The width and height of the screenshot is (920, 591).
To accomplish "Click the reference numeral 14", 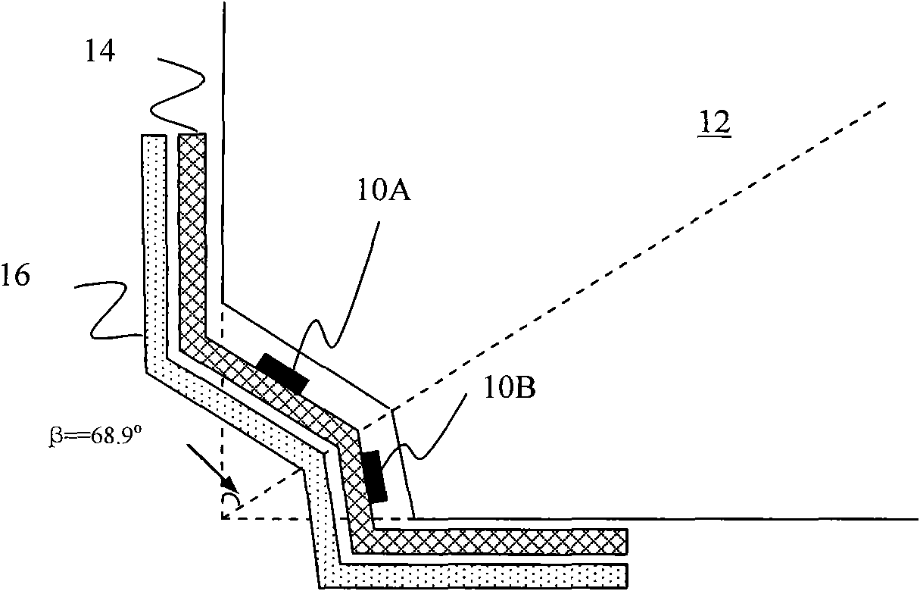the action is (100, 52).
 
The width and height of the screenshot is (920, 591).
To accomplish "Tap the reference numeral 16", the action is (16, 275).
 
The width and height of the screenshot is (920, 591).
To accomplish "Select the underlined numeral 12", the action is (715, 123).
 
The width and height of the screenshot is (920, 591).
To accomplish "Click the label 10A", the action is (384, 191).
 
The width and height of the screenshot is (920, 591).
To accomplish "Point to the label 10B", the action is (510, 388).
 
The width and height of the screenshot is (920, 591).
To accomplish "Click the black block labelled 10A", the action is (282, 374).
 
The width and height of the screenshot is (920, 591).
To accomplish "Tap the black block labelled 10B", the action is (374, 477).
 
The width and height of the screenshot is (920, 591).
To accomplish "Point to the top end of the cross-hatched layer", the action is (192, 133).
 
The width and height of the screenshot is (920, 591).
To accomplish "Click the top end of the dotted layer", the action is (154, 135).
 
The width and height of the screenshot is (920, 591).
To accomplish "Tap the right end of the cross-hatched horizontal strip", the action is (626, 541).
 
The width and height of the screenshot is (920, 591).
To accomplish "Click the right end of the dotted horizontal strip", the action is (626, 576).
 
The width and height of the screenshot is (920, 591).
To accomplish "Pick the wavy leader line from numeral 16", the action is (108, 311).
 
